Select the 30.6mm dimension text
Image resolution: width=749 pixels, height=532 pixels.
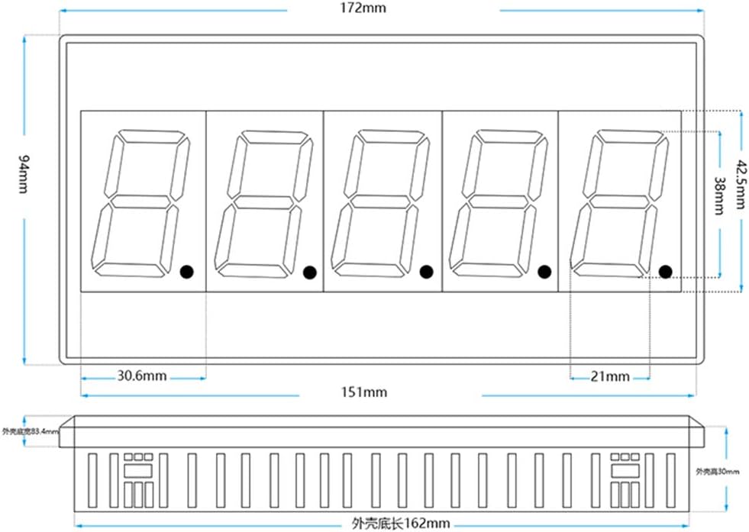pos(142,376)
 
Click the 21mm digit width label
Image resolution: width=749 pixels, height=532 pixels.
pos(610,376)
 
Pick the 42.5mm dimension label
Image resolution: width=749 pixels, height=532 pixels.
pos(740,184)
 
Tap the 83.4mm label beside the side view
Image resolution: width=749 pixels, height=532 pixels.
pos(29,431)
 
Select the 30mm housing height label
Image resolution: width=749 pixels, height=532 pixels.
pos(717,472)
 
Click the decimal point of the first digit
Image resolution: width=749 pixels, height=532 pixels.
pos(186,271)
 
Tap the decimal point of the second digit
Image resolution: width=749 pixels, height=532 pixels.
pos(309,271)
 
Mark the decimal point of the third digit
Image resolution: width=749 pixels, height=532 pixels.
pos(426,271)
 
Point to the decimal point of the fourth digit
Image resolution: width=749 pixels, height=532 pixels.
pos(544,271)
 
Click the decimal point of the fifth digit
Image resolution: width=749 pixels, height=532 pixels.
pos(664,271)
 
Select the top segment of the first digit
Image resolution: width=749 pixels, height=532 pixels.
pos(150,136)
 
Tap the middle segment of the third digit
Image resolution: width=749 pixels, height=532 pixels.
pos(379,201)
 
